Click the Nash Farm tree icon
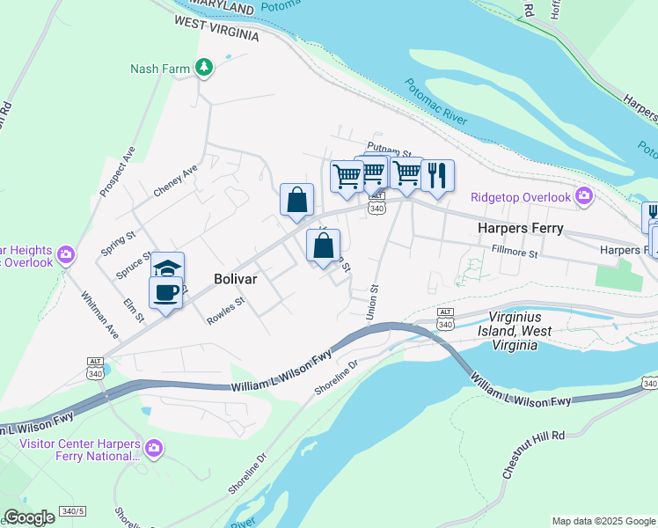pos(204,68)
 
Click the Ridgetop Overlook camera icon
pos(582,197)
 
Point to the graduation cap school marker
pos(167,267)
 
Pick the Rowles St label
pos(225,312)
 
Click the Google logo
pos(28,517)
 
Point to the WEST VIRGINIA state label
pos(216,28)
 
